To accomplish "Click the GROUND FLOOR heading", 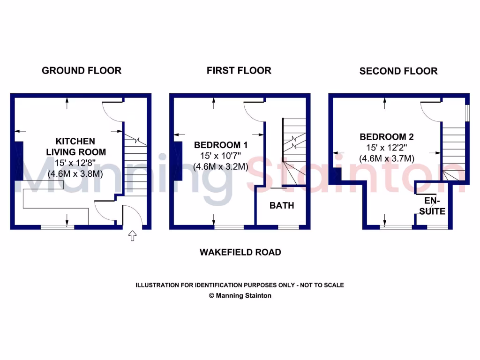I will pyautogui.click(x=82, y=71).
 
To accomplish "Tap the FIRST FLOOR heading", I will pyautogui.click(x=239, y=71).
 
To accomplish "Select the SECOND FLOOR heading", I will pyautogui.click(x=398, y=71).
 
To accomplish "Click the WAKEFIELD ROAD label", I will pyautogui.click(x=240, y=252).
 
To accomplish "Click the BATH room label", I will pyautogui.click(x=282, y=205).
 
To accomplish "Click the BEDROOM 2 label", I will pyautogui.click(x=387, y=137).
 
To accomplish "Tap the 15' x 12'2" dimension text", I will pyautogui.click(x=387, y=148).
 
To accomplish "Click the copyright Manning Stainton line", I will pyautogui.click(x=240, y=296).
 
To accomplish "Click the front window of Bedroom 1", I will pyautogui.click(x=229, y=227).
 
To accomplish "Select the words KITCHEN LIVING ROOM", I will pyautogui.click(x=75, y=146).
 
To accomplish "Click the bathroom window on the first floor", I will pyautogui.click(x=288, y=227).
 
